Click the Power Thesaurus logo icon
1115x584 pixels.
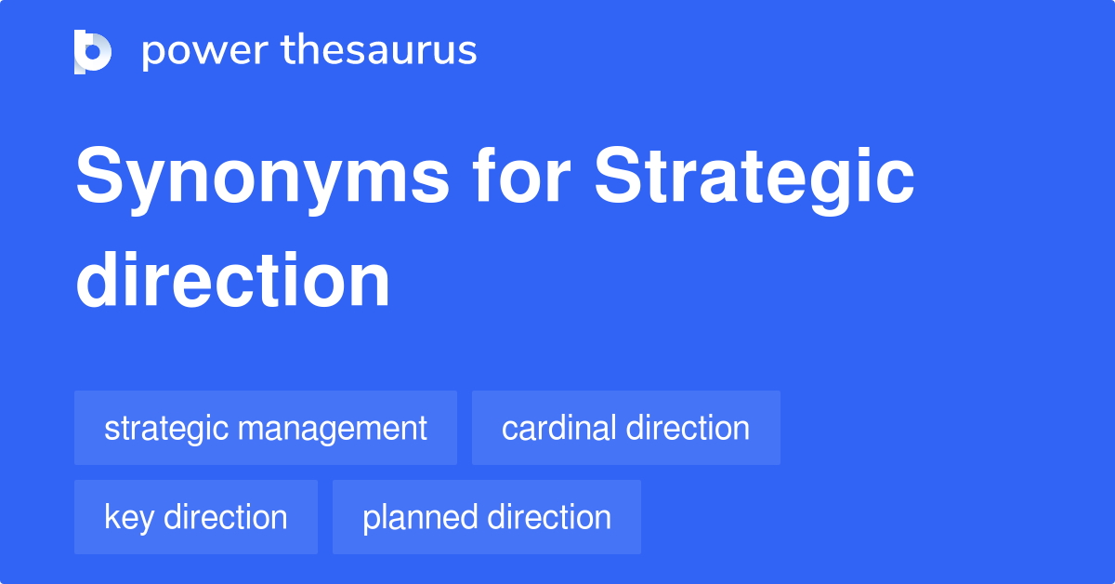93,51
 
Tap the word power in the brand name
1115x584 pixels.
202,51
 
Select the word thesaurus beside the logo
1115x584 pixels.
379,51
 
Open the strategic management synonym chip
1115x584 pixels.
266,428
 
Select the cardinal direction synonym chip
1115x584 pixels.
625,428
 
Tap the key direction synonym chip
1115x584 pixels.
196,517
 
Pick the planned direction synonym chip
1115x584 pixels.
487,517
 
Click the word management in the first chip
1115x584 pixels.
333,429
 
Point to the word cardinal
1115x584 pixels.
558,428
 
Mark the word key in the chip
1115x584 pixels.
128,518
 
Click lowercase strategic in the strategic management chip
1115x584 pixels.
166,429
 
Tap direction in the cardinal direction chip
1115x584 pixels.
688,428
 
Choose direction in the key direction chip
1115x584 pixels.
225,517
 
